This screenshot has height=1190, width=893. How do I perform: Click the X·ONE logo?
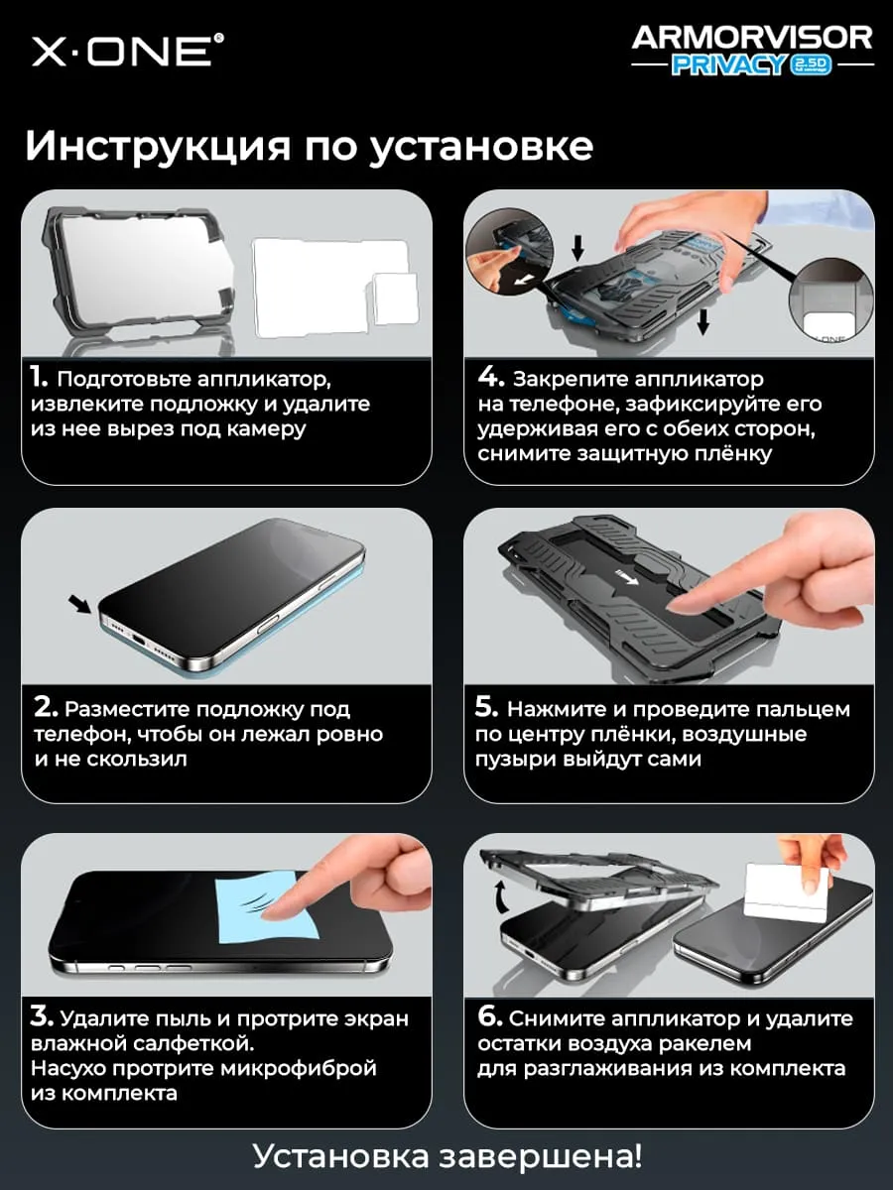click(x=127, y=51)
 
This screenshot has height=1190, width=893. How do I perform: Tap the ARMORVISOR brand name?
click(x=751, y=39)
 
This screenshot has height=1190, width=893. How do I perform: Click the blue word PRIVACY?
click(x=728, y=65)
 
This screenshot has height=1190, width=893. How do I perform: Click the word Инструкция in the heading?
click(x=158, y=147)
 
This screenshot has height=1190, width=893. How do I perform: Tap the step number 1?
click(x=39, y=377)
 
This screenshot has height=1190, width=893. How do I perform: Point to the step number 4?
click(x=491, y=377)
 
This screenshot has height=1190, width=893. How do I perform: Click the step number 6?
click(x=490, y=1016)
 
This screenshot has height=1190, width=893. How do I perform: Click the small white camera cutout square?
click(x=395, y=298)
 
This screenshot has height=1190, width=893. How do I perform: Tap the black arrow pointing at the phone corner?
click(x=80, y=604)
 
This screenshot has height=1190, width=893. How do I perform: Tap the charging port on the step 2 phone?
click(x=140, y=641)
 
